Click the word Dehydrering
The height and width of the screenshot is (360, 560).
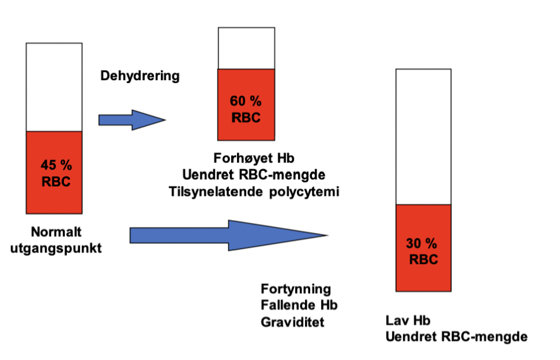pyautogui.click(x=140, y=76)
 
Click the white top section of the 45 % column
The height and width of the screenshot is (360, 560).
pyautogui.click(x=54, y=87)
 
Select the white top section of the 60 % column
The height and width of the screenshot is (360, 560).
pyautogui.click(x=246, y=48)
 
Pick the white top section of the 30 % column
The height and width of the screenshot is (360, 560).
pyautogui.click(x=423, y=136)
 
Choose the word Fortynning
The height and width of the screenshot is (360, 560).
pyautogui.click(x=296, y=289)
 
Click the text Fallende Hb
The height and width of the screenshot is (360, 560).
pyautogui.click(x=299, y=304)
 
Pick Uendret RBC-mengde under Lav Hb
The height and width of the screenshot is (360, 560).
pyautogui.click(x=457, y=336)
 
